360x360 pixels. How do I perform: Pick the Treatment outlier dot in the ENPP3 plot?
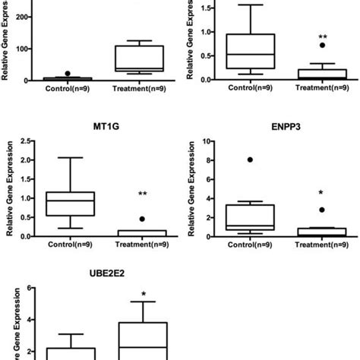tap(322, 210)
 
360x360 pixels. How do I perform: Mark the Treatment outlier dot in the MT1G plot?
tap(141, 219)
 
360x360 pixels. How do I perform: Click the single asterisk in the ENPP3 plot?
tap(322, 194)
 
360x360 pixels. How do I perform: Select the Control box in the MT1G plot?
tap(70, 204)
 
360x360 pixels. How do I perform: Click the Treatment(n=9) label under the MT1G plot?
tap(141, 245)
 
